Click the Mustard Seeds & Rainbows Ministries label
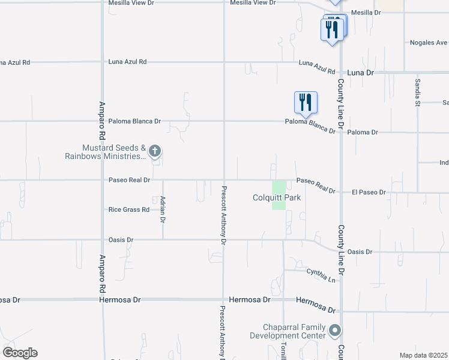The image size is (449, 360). coord(106,152)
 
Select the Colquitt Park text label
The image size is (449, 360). coord(276,197)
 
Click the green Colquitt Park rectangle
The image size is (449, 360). coord(279,196)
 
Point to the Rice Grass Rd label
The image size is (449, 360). coord(128,209)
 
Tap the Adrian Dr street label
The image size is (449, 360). coord(162,209)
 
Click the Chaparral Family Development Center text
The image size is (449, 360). coord(294,331)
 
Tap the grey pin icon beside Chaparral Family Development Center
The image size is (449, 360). coord(335,331)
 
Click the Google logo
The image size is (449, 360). coord(20,353)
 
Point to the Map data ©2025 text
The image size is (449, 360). coord(423,355)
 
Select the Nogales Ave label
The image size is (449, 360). coord(429,43)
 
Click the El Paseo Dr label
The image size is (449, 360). coord(369,192)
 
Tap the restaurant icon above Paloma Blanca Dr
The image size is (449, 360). coord(306,103)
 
